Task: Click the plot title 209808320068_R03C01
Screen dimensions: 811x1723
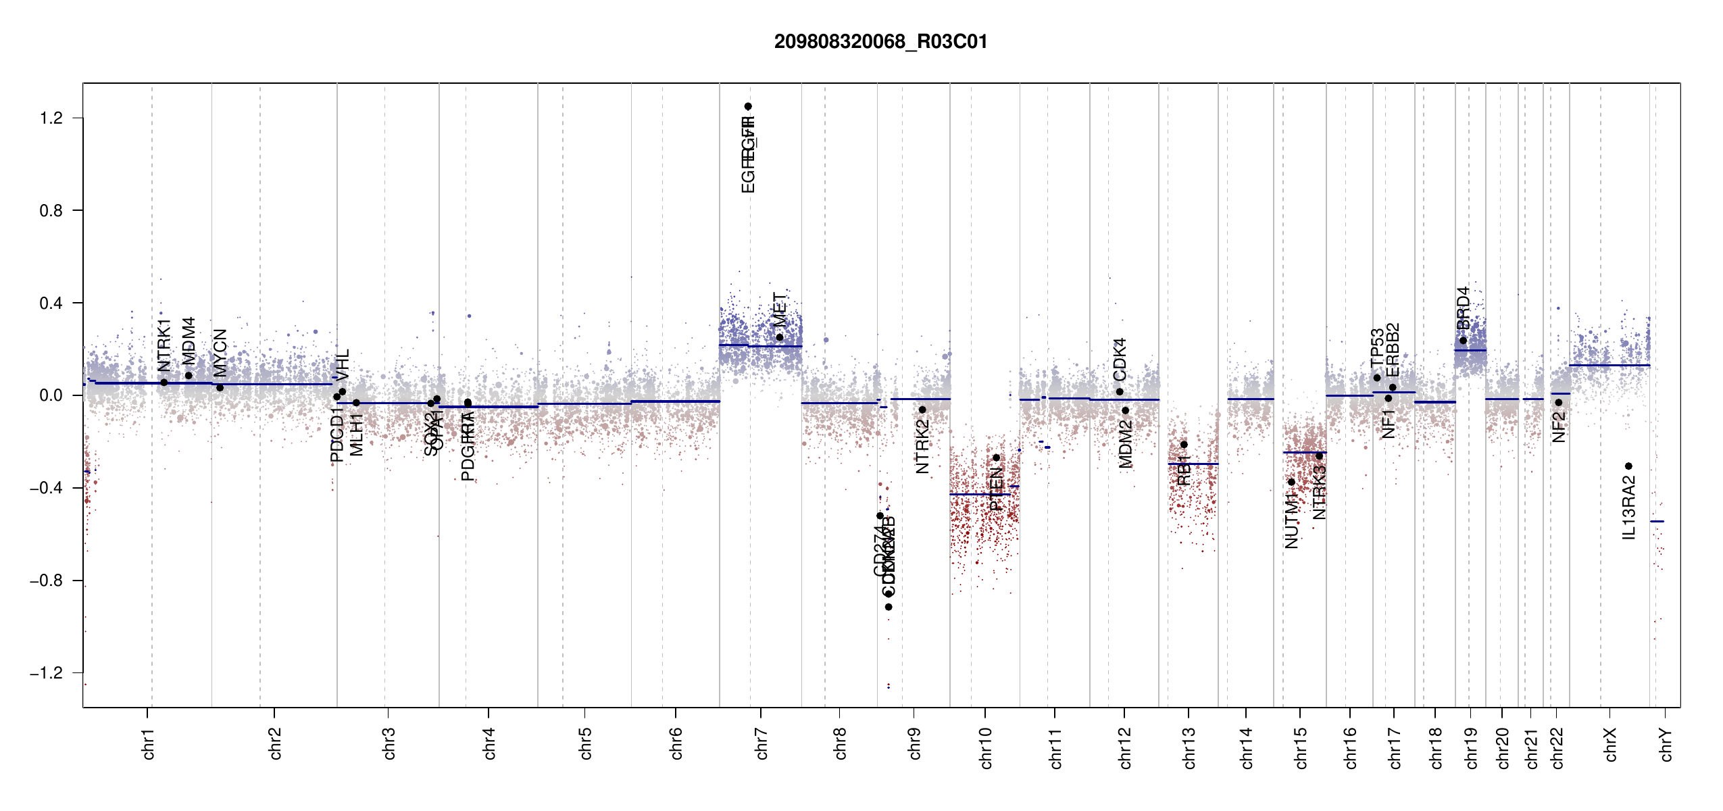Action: pos(880,42)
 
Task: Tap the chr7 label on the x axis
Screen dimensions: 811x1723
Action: pos(761,744)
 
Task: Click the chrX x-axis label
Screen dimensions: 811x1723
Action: pos(1610,744)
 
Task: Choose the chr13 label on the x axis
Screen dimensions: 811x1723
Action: pos(1189,747)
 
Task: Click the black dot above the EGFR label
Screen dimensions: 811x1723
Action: pos(748,106)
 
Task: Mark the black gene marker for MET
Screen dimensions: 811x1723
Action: pos(779,337)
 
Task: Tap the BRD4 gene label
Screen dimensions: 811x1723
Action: pos(1463,308)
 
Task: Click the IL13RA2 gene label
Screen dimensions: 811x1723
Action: pos(1629,508)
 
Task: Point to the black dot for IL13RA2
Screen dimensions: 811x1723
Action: pos(1628,466)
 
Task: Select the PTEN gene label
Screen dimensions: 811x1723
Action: pos(996,488)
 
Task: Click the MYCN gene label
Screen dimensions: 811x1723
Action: pos(220,353)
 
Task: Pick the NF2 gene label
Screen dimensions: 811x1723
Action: pos(1559,427)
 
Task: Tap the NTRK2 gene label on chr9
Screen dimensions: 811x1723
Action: pos(922,447)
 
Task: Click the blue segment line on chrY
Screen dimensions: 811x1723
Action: pos(1657,521)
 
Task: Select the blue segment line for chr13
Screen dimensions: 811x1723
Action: pos(1193,464)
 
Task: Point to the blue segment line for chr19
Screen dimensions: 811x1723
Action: pos(1470,350)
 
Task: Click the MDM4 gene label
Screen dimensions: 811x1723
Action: pos(189,341)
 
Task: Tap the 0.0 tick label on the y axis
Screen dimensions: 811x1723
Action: pos(51,395)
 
